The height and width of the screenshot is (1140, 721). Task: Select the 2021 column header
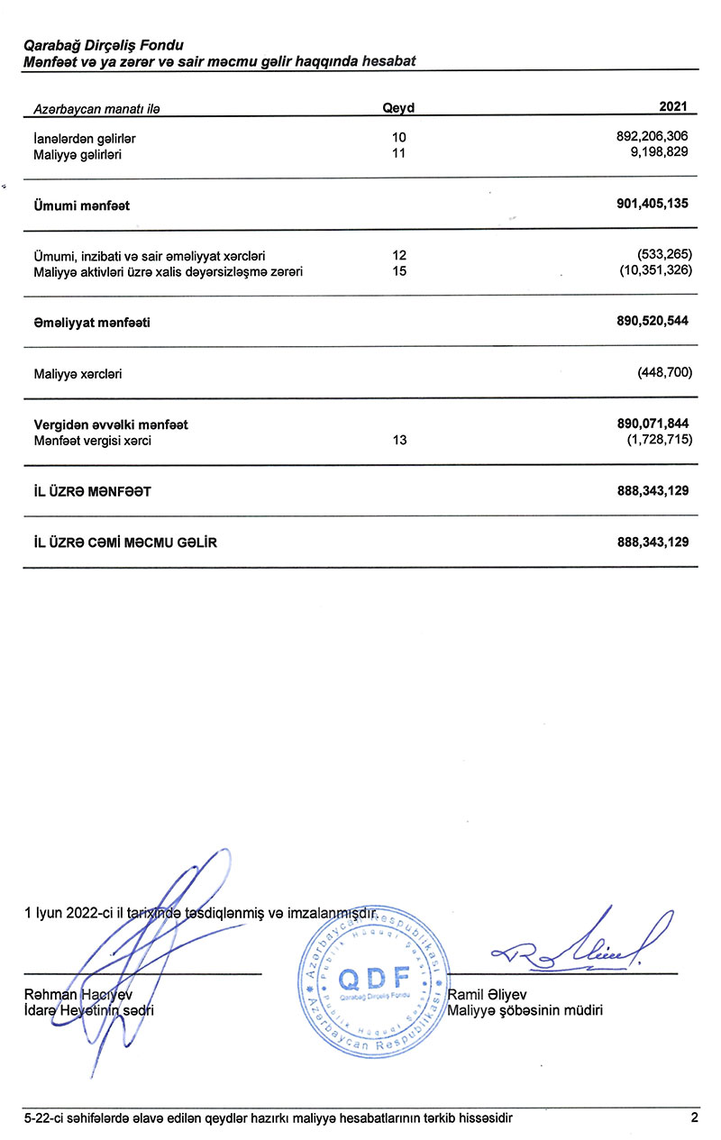click(x=673, y=107)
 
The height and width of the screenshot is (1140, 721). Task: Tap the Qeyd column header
click(x=398, y=108)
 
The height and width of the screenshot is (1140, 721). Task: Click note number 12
click(x=400, y=256)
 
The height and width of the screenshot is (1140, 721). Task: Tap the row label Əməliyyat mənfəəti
click(x=92, y=322)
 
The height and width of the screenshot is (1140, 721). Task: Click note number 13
click(x=400, y=441)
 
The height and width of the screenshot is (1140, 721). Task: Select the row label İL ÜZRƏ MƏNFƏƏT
click(x=92, y=492)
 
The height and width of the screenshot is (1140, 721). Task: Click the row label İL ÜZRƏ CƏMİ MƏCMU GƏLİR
click(x=125, y=543)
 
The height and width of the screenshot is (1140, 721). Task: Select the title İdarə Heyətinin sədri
click(x=88, y=1010)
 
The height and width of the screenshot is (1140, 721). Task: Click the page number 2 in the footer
click(x=694, y=1118)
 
